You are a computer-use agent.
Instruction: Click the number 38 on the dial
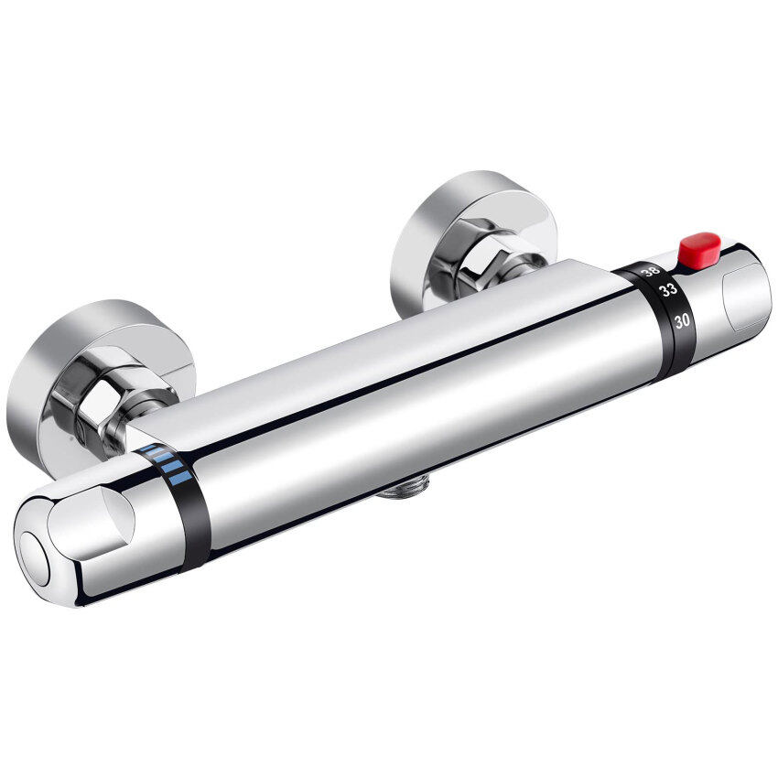pyautogui.click(x=651, y=271)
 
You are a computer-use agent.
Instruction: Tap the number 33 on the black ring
pyautogui.click(x=668, y=291)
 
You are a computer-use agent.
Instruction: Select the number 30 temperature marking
pyautogui.click(x=681, y=320)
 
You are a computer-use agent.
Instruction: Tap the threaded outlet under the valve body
pyautogui.click(x=403, y=492)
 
